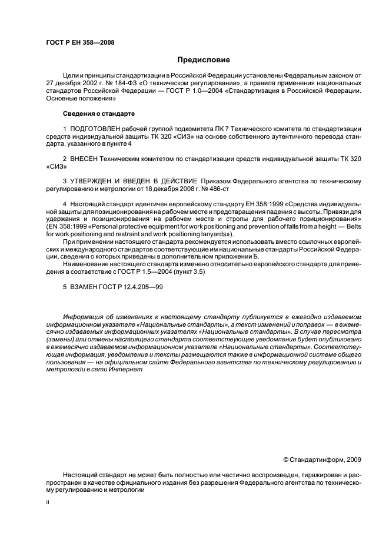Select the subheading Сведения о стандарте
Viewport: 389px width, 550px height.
tap(99, 113)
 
